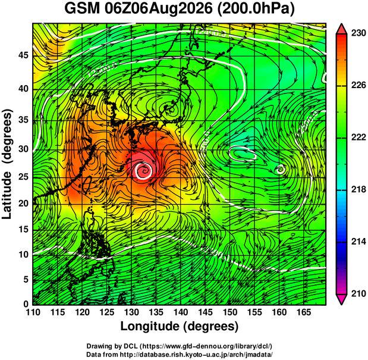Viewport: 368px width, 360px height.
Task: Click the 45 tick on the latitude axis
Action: (23, 55)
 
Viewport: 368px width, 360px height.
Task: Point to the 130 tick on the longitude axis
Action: (131, 312)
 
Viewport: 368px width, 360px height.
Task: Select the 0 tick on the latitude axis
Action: (26, 304)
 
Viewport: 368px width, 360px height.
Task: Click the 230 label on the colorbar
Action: (358, 33)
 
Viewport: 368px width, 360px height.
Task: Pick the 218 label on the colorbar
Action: (358, 189)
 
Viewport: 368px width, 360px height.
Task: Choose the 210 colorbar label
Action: (358, 293)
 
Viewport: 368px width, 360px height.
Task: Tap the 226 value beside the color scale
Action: (358, 85)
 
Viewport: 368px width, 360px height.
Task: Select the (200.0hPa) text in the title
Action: (256, 10)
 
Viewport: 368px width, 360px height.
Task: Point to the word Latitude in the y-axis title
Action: (7, 195)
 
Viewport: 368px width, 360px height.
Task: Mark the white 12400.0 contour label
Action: (210, 32)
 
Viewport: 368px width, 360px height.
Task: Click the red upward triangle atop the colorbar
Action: (341, 29)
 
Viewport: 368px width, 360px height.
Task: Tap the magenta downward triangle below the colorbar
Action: (341, 299)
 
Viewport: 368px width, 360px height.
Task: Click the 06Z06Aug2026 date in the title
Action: (158, 10)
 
